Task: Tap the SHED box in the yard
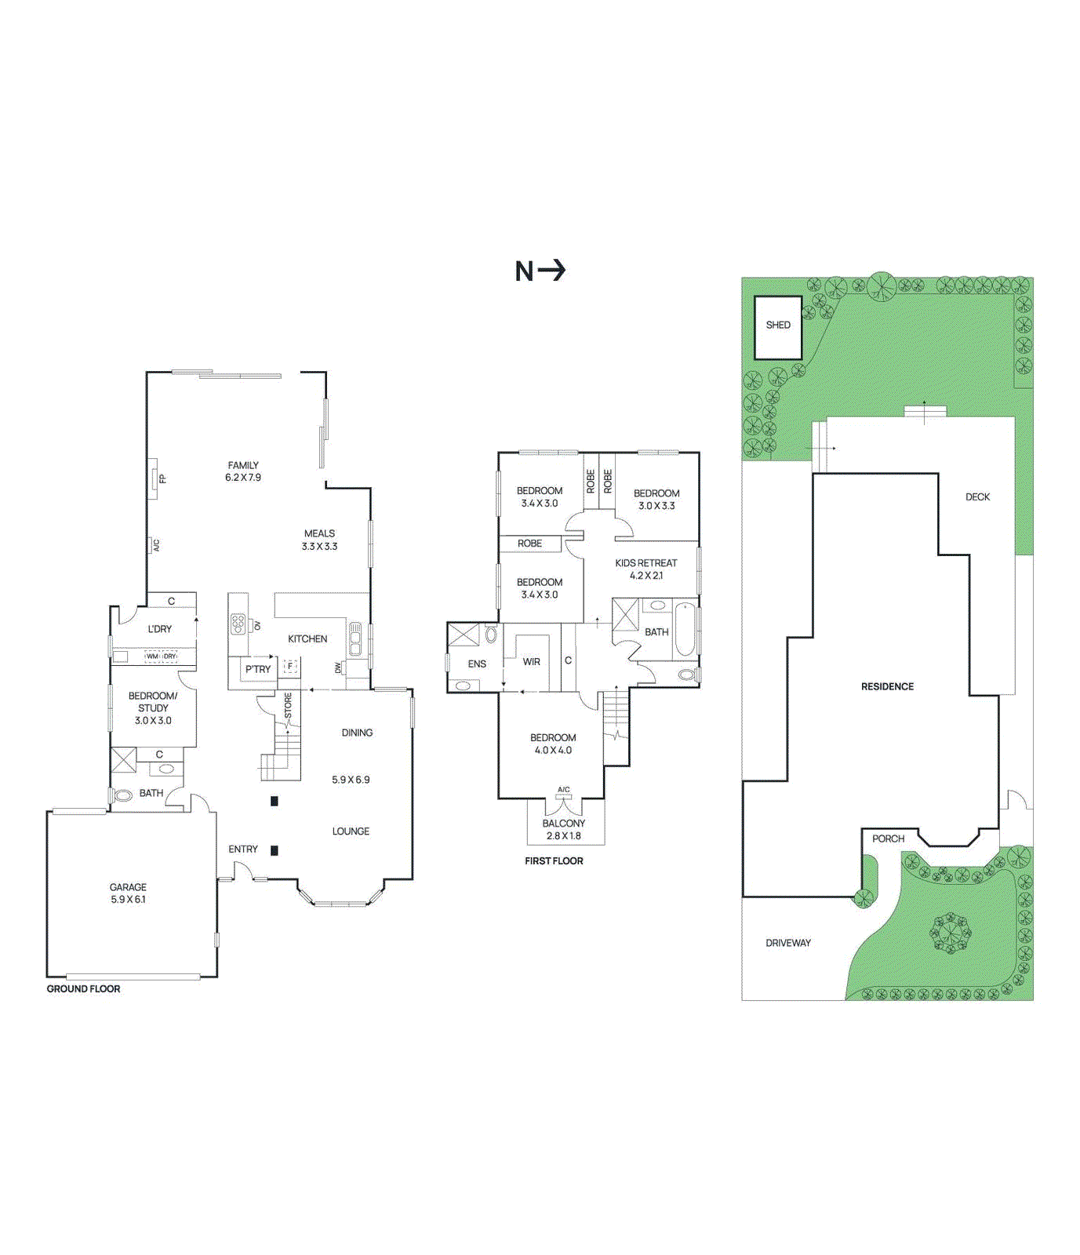(778, 326)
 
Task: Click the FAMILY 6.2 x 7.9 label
(243, 471)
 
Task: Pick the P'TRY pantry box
(257, 669)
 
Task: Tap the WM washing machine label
(152, 657)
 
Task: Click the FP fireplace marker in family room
(162, 478)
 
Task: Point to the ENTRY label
(243, 849)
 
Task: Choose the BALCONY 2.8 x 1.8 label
(563, 829)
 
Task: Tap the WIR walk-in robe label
(532, 662)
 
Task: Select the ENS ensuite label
(477, 664)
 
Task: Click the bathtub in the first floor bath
(685, 628)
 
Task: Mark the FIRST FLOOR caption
(554, 860)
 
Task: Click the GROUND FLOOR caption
(83, 988)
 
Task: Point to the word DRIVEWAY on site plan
(788, 943)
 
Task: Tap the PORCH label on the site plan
(888, 838)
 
